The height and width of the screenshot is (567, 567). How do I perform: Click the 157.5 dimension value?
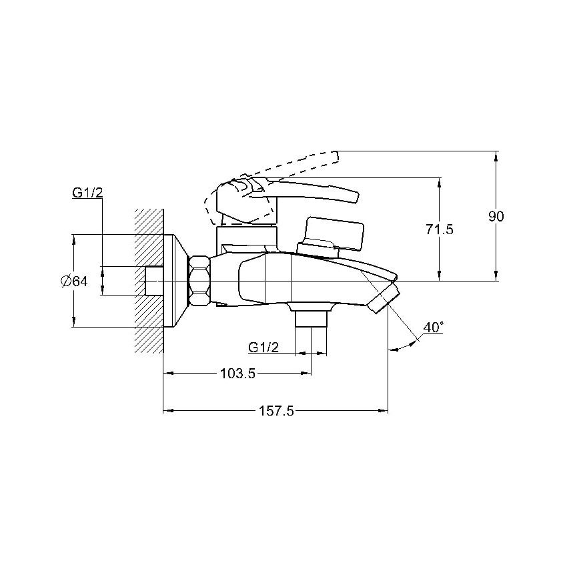pyautogui.click(x=276, y=411)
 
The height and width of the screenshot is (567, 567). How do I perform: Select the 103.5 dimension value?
pyautogui.click(x=238, y=374)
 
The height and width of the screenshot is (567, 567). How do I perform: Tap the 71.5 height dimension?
pyautogui.click(x=440, y=229)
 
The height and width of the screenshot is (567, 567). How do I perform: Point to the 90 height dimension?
pyautogui.click(x=496, y=216)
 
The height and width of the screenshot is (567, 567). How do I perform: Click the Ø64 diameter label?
pyautogui.click(x=74, y=281)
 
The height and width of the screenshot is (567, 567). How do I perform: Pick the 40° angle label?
pyautogui.click(x=433, y=328)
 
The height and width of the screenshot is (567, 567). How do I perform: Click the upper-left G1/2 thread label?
pyautogui.click(x=87, y=193)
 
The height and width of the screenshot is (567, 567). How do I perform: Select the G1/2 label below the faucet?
pyautogui.click(x=263, y=348)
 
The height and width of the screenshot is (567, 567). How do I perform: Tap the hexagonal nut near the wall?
pyautogui.click(x=199, y=281)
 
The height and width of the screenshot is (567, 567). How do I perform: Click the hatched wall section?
pyautogui.click(x=149, y=281)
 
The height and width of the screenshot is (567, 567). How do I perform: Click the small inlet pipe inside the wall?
pyautogui.click(x=154, y=281)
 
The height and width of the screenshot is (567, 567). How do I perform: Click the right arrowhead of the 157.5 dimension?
pyautogui.click(x=383, y=411)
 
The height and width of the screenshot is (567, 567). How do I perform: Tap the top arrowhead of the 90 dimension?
pyautogui.click(x=496, y=156)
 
